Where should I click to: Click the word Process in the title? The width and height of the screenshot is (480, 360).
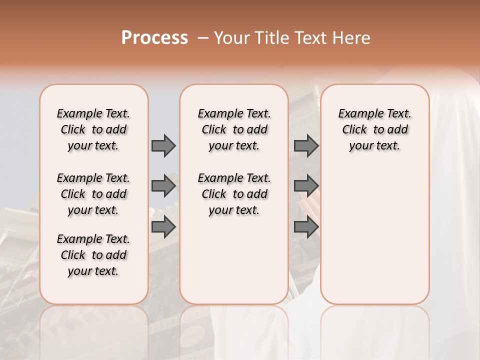click(x=154, y=37)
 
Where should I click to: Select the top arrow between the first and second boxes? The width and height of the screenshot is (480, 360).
click(x=163, y=145)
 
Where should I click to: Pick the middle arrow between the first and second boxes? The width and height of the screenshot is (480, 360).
click(x=163, y=186)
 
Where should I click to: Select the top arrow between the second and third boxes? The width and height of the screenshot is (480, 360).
click(x=306, y=145)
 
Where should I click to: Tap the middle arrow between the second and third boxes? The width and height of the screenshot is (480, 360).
click(x=306, y=186)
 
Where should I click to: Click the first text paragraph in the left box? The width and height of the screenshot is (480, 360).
click(x=93, y=129)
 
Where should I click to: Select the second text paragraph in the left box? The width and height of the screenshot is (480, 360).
click(x=93, y=194)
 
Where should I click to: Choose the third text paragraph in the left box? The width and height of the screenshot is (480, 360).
click(x=93, y=255)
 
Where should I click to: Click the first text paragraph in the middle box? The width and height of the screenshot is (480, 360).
click(x=234, y=129)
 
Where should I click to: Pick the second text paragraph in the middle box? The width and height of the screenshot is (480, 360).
click(x=234, y=194)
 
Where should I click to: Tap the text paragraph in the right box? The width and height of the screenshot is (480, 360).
click(x=375, y=129)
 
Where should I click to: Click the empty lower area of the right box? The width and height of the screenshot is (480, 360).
click(x=375, y=235)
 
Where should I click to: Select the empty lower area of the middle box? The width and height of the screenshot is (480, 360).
click(x=234, y=260)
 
